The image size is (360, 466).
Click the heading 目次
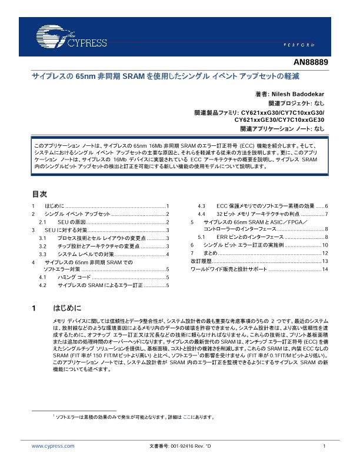[39, 193]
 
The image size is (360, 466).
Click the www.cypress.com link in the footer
[53, 447]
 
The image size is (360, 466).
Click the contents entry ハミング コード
[74, 277]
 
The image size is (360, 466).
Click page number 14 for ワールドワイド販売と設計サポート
[324, 269]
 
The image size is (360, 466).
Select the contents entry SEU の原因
[72, 222]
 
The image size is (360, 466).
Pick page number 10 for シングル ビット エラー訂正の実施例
[324, 245]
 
